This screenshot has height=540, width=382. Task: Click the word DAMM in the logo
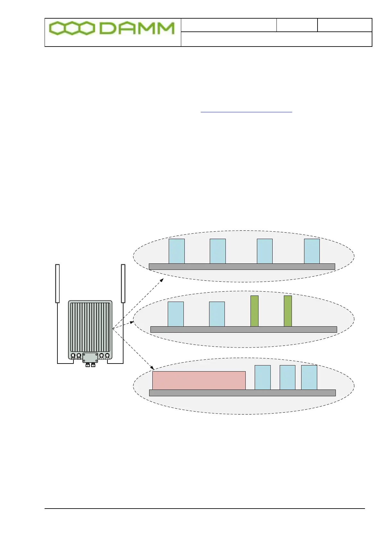point(137,29)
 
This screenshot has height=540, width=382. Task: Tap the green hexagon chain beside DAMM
point(72,29)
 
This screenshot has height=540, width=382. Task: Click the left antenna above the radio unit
point(57,283)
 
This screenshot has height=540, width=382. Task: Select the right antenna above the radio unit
point(123,283)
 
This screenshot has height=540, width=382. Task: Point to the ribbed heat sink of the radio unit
point(90,327)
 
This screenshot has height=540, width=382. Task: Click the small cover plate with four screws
point(90,357)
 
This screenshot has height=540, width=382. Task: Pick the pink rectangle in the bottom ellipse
point(199,381)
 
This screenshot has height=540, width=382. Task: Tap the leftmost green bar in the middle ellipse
point(254,311)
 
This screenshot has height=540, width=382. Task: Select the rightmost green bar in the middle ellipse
point(288,311)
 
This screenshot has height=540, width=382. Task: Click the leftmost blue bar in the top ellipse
point(177,251)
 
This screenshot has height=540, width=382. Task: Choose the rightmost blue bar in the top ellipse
point(312,251)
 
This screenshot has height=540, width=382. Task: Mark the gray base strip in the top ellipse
point(242,267)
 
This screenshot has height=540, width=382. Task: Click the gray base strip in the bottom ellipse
point(242,393)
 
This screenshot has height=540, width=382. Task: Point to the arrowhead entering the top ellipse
point(162,280)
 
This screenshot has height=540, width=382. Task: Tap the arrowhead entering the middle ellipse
point(132,322)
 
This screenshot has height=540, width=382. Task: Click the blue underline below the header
point(246,112)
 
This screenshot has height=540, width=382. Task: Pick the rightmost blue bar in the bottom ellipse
point(309,377)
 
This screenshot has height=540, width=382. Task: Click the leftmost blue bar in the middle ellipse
point(176,314)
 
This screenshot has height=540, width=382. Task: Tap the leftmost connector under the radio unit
point(73,356)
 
